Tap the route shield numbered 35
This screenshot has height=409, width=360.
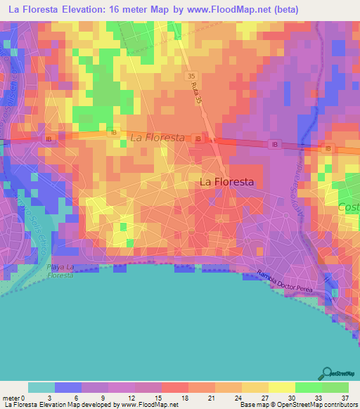[192, 75]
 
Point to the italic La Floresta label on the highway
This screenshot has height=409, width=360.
[157, 138]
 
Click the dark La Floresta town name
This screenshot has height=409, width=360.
[226, 181]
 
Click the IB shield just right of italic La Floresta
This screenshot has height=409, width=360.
[198, 139]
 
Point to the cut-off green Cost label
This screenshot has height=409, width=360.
[349, 208]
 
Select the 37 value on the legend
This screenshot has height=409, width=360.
[345, 397]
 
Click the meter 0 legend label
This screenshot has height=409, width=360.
[15, 397]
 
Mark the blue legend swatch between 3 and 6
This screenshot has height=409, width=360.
[68, 387]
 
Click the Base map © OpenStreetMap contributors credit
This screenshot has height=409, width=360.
[300, 405]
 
